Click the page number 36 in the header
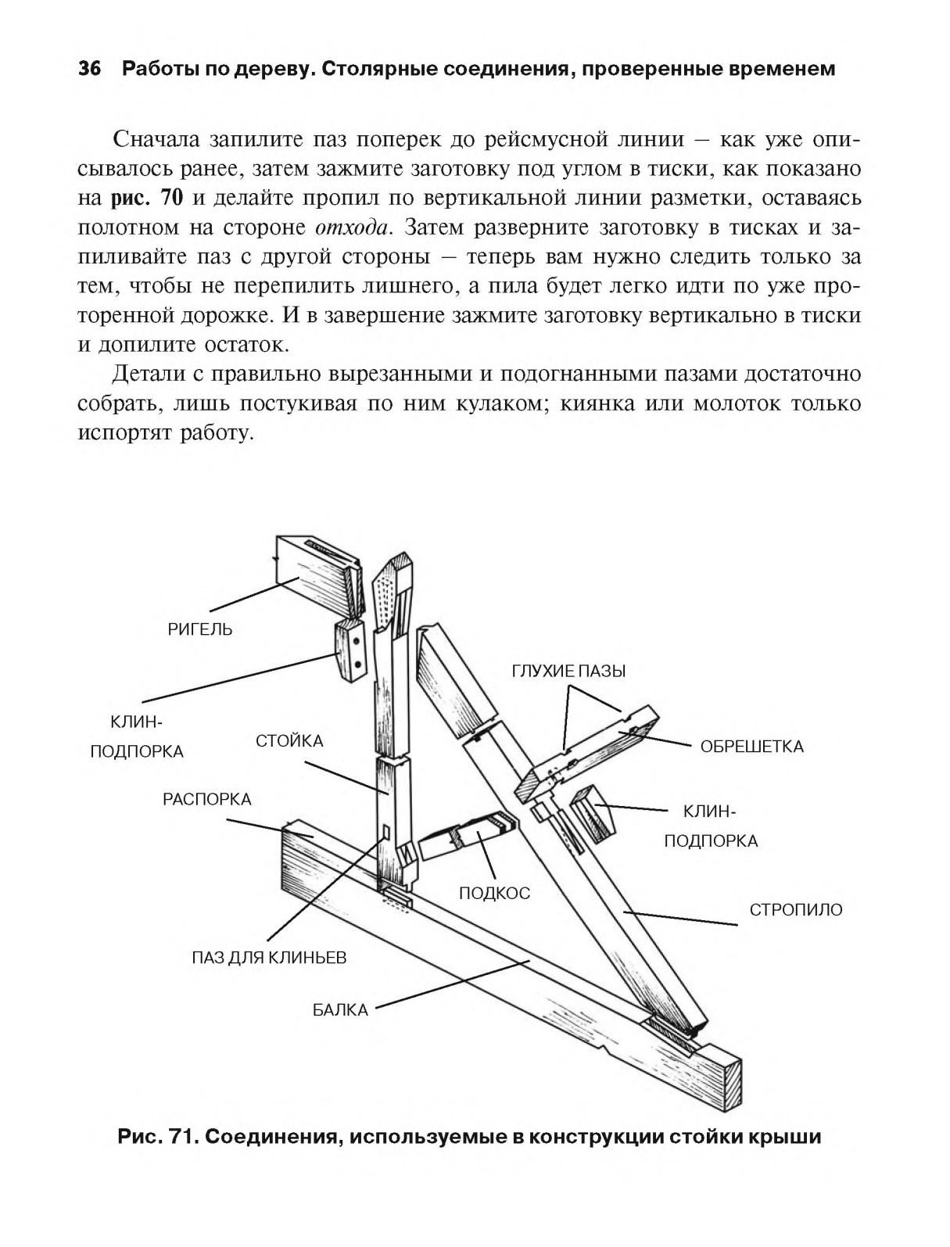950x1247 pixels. pyautogui.click(x=90, y=70)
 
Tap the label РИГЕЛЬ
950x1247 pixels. pyautogui.click(x=200, y=629)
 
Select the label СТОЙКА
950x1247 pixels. pyautogui.click(x=289, y=740)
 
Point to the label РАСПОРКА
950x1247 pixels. pyautogui.click(x=207, y=799)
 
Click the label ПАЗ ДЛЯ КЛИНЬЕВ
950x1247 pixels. pyautogui.click(x=269, y=958)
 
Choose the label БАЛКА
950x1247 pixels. pyautogui.click(x=340, y=1009)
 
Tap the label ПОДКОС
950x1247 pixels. pyautogui.click(x=494, y=893)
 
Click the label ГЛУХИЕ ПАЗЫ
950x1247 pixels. pyautogui.click(x=569, y=671)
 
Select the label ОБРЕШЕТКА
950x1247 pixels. pyautogui.click(x=751, y=747)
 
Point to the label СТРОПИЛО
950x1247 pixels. pyautogui.click(x=796, y=910)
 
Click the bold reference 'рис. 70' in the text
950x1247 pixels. pyautogui.click(x=148, y=198)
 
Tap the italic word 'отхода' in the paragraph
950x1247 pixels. pyautogui.click(x=351, y=228)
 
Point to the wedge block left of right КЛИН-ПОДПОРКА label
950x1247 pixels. pyautogui.click(x=593, y=813)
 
